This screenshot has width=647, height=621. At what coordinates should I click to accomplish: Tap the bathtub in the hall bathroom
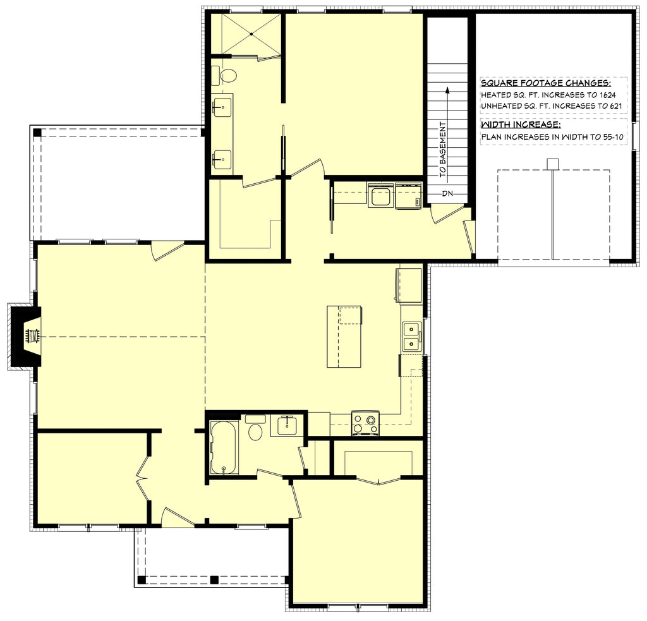point(224,447)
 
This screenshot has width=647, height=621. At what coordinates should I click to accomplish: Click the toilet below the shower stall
point(228,76)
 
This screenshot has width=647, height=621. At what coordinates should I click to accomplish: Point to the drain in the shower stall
point(251,33)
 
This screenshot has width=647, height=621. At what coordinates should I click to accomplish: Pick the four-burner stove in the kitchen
point(365,423)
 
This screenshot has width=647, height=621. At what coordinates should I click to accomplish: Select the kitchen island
point(344,336)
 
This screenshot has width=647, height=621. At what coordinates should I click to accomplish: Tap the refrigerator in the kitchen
point(409,286)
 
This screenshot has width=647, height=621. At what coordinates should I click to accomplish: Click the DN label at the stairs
point(447,193)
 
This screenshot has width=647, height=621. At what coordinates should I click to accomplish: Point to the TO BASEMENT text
point(443,148)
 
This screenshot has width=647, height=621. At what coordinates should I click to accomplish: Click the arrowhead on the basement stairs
point(447,90)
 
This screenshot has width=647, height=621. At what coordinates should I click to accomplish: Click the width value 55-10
point(612,136)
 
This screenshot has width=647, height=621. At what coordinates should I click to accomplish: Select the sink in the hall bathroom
point(288,425)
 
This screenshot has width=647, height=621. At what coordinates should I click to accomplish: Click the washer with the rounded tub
point(380,197)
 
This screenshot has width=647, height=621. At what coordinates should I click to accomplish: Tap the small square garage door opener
point(553,164)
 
